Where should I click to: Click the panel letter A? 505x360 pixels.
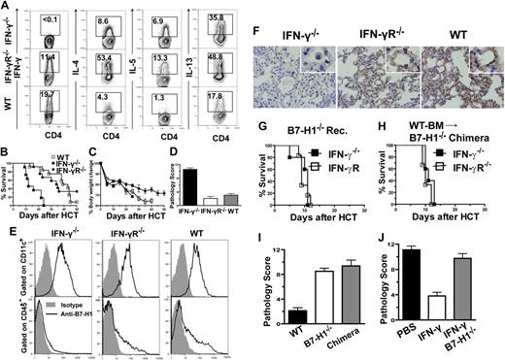(7, 8)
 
